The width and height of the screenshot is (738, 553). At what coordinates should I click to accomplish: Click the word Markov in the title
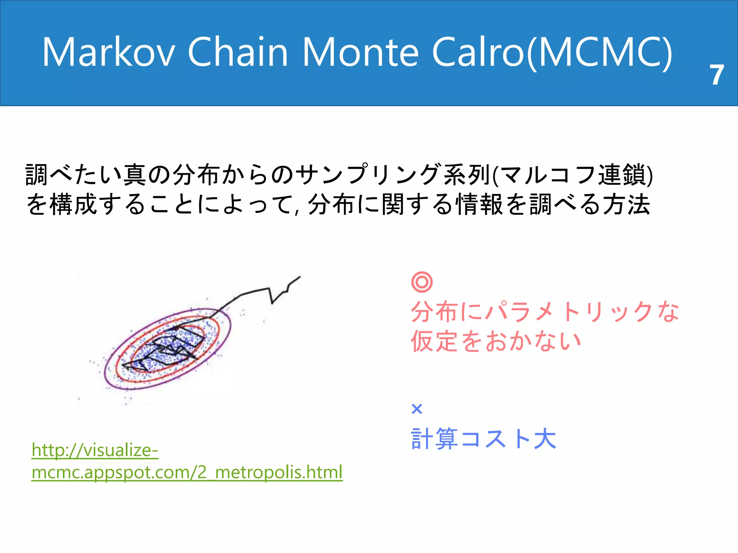tap(108, 52)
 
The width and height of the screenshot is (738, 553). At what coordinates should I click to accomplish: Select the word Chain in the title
tap(238, 52)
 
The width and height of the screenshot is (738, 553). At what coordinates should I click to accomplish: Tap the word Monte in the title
tap(361, 52)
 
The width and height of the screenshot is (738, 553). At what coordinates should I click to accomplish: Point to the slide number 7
tap(717, 75)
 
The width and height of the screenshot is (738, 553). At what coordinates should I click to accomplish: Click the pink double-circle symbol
tap(422, 282)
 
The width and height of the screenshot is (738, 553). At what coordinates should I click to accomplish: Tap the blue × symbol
tap(417, 409)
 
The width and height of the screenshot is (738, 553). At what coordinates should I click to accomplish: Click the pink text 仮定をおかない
tap(496, 341)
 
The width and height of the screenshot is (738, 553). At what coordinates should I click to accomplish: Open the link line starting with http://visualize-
tap(95, 450)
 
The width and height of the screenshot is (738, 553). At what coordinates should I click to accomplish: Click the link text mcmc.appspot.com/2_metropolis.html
tap(187, 472)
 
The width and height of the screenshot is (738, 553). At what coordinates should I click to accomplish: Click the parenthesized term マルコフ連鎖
tap(573, 175)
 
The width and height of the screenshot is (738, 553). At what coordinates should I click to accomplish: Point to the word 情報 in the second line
tap(479, 204)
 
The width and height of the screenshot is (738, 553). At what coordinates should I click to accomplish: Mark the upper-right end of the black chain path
tap(299, 277)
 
